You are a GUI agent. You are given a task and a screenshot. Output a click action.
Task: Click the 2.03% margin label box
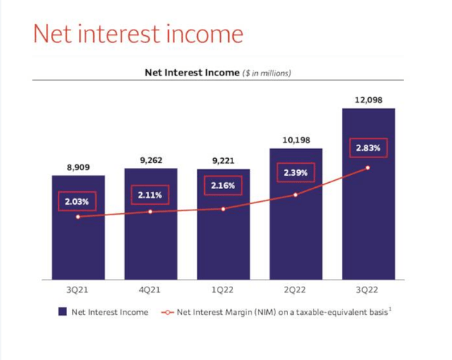click(78, 202)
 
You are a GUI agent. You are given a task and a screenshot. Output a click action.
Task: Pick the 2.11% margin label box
click(150, 195)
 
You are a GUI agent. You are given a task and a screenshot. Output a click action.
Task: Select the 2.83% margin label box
click(368, 148)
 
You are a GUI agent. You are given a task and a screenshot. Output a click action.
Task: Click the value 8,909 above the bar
click(78, 168)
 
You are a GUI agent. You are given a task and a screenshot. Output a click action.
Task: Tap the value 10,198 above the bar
click(295, 140)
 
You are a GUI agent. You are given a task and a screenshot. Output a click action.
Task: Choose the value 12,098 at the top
click(368, 100)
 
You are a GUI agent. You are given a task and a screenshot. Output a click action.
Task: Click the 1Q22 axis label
click(223, 290)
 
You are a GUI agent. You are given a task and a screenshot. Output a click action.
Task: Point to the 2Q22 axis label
click(295, 290)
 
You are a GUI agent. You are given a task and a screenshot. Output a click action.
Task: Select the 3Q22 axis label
click(368, 290)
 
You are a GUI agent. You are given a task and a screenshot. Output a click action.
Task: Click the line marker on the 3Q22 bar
click(368, 168)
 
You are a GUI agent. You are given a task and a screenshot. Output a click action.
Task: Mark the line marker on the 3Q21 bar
click(78, 217)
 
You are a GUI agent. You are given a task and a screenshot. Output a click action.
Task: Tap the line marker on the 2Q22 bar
click(295, 195)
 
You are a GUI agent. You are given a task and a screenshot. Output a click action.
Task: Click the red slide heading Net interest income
click(138, 33)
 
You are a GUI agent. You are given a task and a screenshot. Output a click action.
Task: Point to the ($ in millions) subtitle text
click(267, 72)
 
